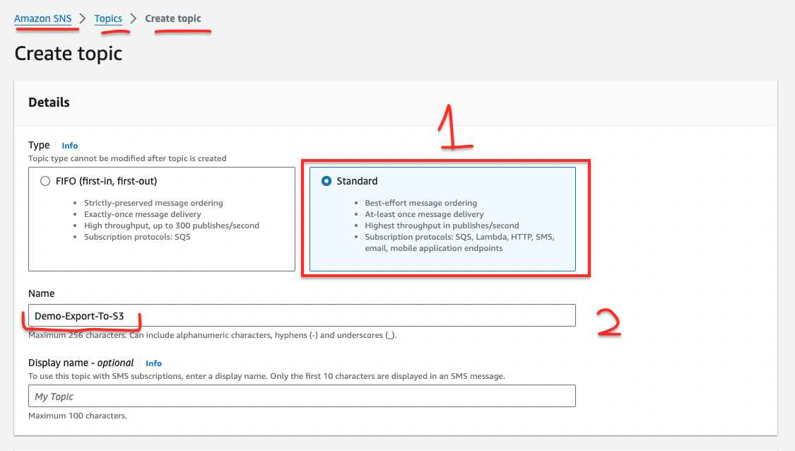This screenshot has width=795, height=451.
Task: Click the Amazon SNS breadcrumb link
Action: [x=42, y=19]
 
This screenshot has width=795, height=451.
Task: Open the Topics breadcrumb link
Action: [x=108, y=19]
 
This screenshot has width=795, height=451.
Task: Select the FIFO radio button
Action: [x=45, y=181]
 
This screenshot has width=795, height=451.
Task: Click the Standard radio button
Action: [x=326, y=181]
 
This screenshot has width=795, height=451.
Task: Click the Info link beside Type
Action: [x=69, y=146]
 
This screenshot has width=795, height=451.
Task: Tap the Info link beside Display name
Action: [x=153, y=363]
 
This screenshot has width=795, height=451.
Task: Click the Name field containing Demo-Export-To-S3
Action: [x=302, y=315]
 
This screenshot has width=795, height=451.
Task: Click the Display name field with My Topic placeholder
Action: [x=302, y=396]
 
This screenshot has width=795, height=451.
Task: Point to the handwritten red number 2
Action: [x=608, y=322]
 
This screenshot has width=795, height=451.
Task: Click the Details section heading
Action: [x=49, y=102]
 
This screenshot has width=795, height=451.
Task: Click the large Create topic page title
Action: [x=69, y=53]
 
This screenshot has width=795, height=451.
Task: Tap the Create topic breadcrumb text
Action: [x=173, y=19]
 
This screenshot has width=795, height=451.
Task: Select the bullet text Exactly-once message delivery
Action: [x=143, y=214]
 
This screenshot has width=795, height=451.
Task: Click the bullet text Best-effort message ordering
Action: [x=421, y=203]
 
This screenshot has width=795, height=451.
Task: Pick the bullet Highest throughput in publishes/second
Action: [x=442, y=225]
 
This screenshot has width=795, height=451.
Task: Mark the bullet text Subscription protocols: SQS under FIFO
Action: [x=137, y=237]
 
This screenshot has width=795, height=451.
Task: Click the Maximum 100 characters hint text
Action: [x=78, y=416]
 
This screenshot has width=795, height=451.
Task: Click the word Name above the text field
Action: [x=42, y=294]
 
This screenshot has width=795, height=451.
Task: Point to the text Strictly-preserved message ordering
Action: [x=153, y=203]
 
